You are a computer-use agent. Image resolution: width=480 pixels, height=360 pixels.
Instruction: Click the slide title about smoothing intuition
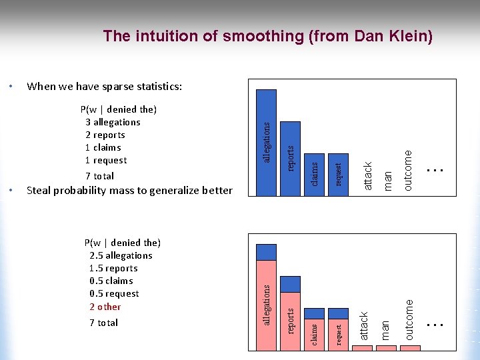click(x=267, y=36)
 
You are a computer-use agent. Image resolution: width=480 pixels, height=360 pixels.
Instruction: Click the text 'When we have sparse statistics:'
click(x=104, y=86)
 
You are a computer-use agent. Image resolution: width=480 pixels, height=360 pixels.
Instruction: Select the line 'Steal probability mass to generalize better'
click(x=129, y=191)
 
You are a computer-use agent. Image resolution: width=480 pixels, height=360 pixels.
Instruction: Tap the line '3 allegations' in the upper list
click(x=113, y=122)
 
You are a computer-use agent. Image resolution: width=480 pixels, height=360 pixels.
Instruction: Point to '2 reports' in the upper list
click(x=105, y=135)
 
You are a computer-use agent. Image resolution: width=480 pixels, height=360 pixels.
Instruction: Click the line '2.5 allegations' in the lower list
click(x=121, y=255)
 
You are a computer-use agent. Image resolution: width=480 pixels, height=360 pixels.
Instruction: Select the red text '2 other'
click(x=105, y=307)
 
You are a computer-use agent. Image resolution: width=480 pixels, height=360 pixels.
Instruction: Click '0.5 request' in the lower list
click(x=114, y=293)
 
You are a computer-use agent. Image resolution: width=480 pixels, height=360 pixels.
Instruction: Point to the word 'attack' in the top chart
click(x=366, y=174)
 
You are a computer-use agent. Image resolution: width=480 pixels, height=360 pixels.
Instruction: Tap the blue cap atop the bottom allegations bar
click(x=267, y=252)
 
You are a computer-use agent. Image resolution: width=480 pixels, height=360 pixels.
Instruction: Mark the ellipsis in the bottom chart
click(x=435, y=324)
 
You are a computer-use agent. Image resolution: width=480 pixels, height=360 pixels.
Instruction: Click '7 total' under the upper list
click(x=99, y=176)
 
